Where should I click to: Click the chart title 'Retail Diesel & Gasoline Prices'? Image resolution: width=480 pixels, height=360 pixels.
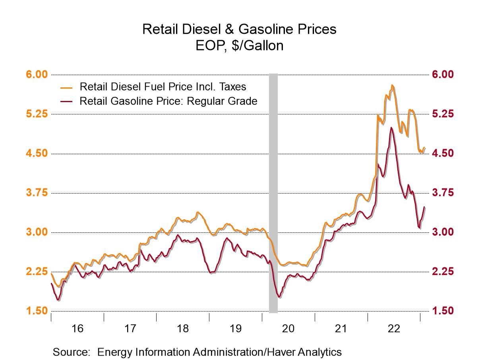tap(239, 29)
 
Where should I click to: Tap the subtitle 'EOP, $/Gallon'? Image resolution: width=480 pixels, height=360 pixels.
tap(239, 46)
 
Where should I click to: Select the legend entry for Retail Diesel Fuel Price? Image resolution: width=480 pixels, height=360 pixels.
tap(163, 87)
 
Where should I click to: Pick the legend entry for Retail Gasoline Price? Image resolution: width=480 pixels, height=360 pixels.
tap(168, 101)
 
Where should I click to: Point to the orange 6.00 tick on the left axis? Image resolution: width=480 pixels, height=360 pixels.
tap(37, 75)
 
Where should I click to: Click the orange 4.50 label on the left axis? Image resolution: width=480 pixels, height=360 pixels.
tap(37, 153)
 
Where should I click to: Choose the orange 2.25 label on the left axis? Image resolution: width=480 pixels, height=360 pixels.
tap(37, 272)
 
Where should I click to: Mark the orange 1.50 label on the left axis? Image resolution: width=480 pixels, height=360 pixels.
tap(37, 311)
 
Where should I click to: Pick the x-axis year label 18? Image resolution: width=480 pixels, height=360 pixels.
tap(183, 329)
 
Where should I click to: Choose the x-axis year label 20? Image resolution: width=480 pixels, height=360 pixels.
tap(288, 329)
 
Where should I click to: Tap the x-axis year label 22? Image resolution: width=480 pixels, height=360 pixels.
tap(394, 329)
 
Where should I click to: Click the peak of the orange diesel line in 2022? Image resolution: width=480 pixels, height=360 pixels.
tap(392, 85)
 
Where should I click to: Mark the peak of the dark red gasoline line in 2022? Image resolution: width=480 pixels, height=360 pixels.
tap(391, 128)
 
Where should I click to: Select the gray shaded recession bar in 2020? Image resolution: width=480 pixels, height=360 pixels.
tap(273, 193)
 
